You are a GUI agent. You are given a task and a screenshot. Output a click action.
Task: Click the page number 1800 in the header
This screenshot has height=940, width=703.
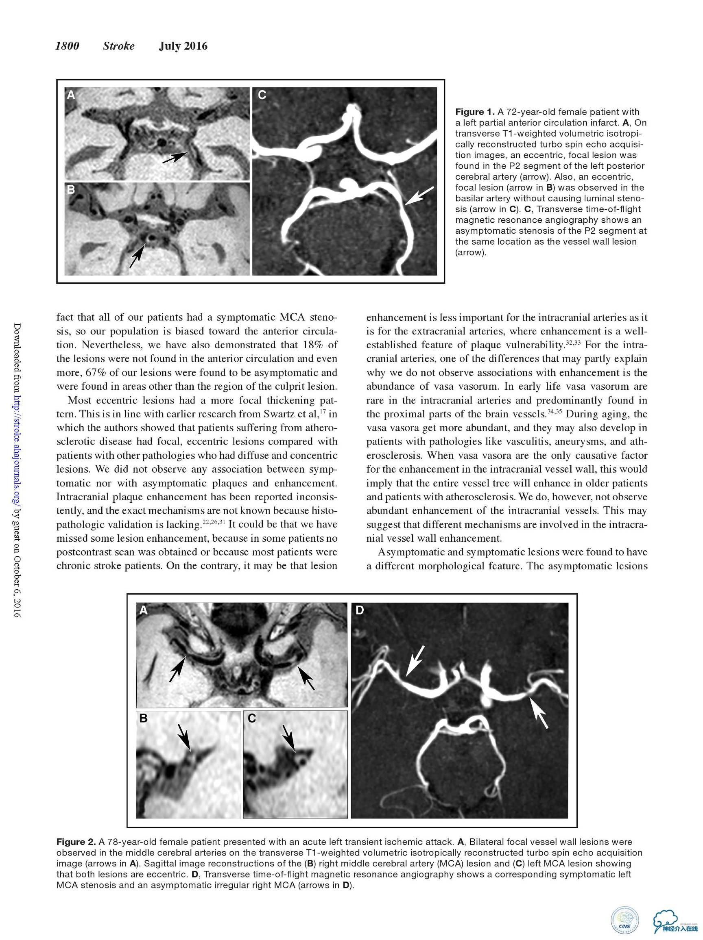click(x=67, y=46)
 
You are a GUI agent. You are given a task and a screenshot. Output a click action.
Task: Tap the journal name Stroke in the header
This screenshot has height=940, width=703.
click(x=118, y=46)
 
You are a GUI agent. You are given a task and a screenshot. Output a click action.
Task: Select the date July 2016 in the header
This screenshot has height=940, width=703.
click(x=183, y=46)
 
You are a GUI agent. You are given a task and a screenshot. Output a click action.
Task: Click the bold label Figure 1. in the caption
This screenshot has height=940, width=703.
click(x=475, y=112)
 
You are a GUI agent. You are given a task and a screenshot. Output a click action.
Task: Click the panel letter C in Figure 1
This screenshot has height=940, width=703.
click(x=262, y=95)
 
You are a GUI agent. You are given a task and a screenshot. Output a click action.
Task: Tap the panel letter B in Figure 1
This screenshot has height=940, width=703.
click(x=71, y=189)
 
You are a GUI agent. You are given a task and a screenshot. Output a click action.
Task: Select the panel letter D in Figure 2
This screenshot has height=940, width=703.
click(x=360, y=610)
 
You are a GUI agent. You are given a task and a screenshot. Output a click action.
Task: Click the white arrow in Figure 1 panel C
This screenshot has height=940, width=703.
click(x=419, y=195)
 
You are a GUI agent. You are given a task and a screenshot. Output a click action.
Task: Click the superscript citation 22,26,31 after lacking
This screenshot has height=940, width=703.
click(x=214, y=522)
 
